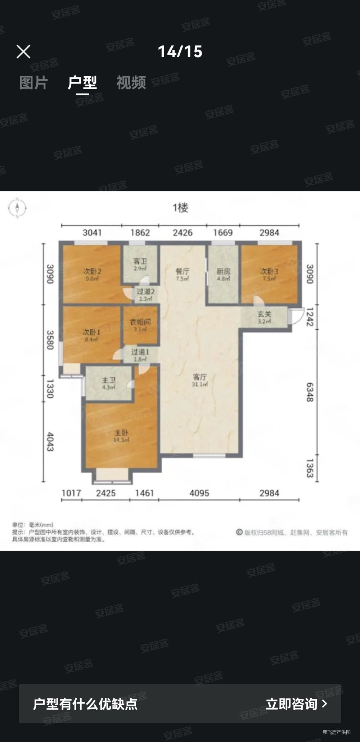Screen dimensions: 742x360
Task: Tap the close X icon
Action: coord(23,52)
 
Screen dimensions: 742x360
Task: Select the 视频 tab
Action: coord(131,82)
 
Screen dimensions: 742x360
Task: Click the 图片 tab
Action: coord(33,82)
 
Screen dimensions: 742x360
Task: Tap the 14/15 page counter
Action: coord(180,52)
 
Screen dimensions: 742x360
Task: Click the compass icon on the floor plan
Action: coord(17,208)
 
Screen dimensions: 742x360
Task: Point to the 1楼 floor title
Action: coord(180,208)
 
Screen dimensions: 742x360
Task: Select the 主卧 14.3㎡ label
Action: coord(121,436)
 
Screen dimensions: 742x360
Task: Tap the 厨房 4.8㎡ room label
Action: coord(223,275)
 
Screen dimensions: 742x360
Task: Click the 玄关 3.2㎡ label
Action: coord(264,317)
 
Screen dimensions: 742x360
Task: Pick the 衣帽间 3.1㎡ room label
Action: coord(140,325)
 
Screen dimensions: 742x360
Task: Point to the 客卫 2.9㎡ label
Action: coord(140,264)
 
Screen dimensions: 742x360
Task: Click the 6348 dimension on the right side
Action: coord(310,392)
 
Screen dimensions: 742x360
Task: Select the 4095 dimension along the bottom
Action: coord(199,493)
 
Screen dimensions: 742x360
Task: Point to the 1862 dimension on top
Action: coord(140,232)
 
